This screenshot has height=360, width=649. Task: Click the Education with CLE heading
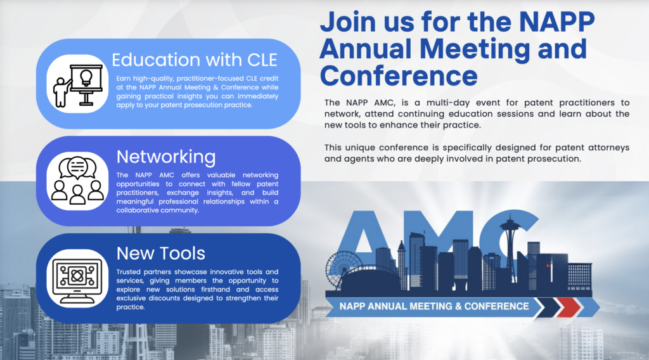[195, 60]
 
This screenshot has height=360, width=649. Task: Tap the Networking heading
[166, 157]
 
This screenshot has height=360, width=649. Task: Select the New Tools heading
[160, 254]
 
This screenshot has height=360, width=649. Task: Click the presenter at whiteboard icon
[77, 85]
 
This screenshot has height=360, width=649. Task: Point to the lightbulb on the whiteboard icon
[86, 78]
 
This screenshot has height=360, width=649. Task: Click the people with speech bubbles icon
[77, 181]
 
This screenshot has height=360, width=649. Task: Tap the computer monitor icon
[77, 278]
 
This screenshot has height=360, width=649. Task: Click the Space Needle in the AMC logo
[510, 244]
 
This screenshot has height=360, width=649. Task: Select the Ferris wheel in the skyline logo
[343, 268]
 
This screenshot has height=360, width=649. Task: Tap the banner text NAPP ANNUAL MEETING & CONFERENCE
[434, 307]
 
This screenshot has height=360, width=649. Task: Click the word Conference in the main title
[399, 76]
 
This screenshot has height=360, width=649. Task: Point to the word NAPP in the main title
[556, 22]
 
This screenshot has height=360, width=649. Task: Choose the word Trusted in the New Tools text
[129, 272]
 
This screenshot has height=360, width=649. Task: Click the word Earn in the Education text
[123, 79]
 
